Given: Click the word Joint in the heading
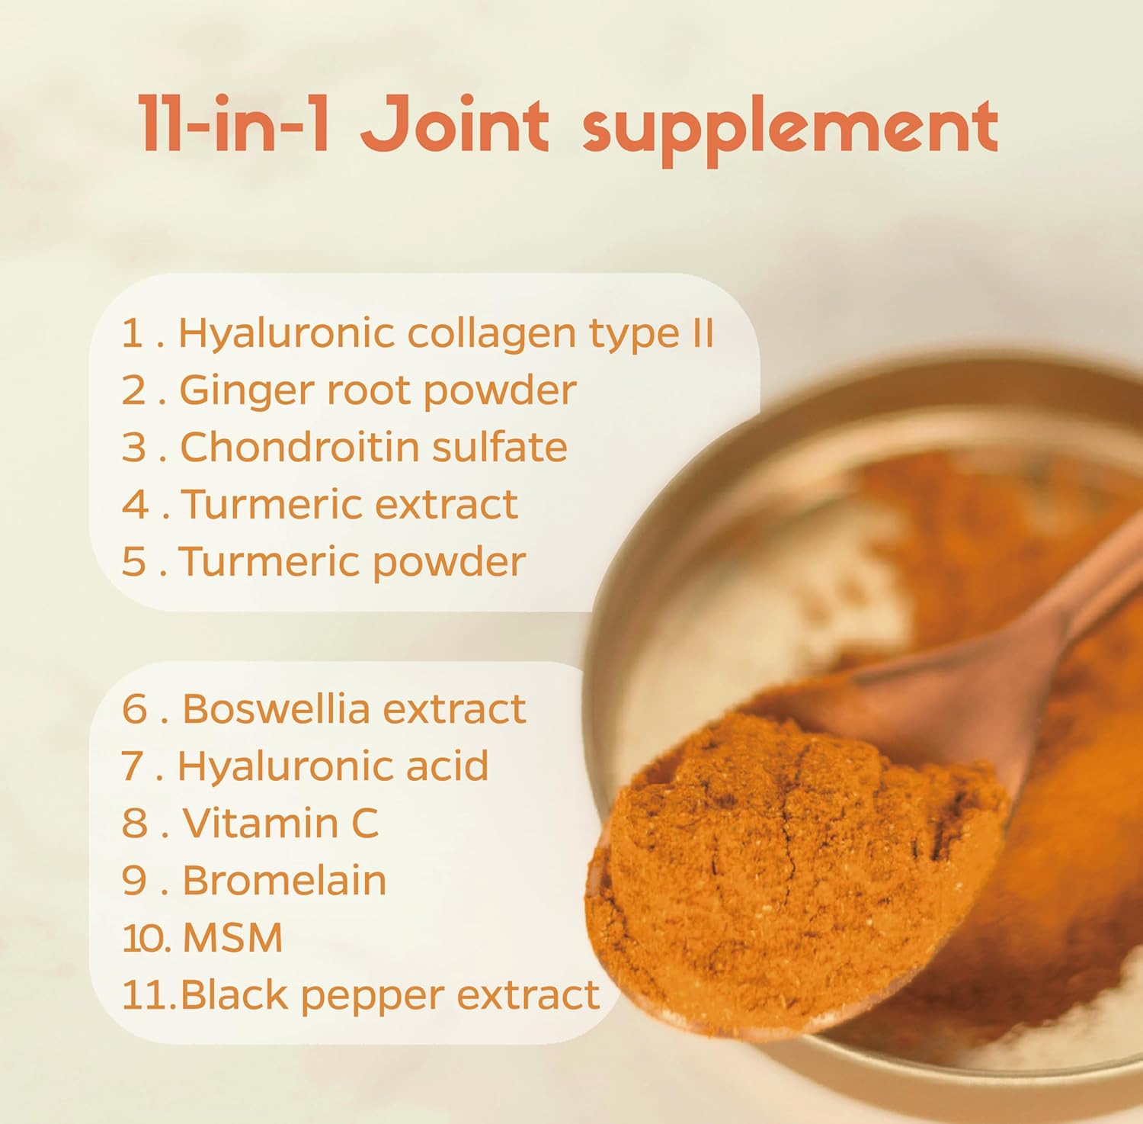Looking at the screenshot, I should [x=455, y=124].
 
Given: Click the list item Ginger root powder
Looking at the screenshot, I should [x=377, y=390].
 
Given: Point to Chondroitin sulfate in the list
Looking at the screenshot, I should [x=373, y=447].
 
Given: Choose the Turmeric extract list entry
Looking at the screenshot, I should [x=349, y=504].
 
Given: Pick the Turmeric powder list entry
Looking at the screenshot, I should [x=352, y=562].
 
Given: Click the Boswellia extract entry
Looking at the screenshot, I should [x=354, y=708].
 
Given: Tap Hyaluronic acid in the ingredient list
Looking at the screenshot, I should [x=332, y=766].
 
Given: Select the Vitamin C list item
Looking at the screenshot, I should [x=280, y=823].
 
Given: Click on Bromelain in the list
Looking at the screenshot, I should [x=284, y=880].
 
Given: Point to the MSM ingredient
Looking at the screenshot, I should [x=232, y=937].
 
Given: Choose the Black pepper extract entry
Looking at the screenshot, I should [x=389, y=994].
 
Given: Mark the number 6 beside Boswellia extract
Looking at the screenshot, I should [x=134, y=708].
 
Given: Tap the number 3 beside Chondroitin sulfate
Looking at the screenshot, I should [x=134, y=447].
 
